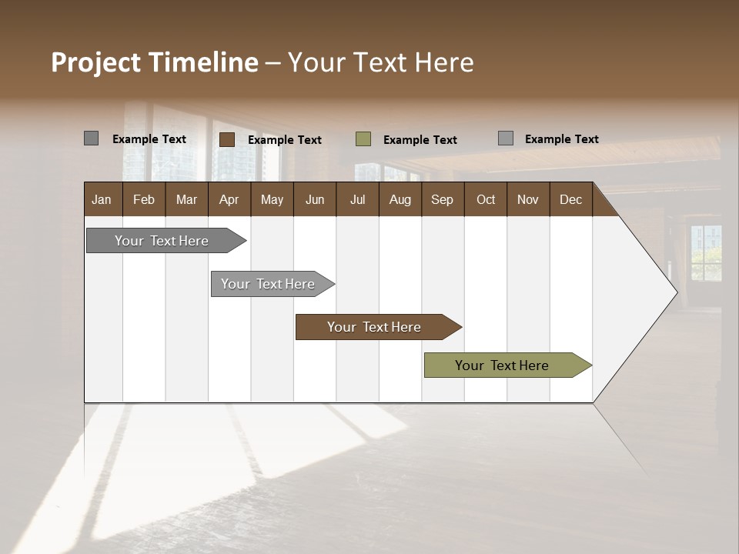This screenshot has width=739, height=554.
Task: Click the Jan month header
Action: (102, 199)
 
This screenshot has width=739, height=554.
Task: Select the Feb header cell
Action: (144, 199)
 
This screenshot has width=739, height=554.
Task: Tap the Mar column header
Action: (186, 199)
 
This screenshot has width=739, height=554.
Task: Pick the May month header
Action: (272, 199)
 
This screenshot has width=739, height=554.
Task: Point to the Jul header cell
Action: (357, 199)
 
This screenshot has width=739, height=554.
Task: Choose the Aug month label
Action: (400, 199)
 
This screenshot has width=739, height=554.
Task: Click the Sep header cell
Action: (442, 199)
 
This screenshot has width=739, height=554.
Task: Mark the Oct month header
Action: (486, 199)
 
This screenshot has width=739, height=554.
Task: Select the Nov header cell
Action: (527, 199)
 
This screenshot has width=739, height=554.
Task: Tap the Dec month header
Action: (570, 199)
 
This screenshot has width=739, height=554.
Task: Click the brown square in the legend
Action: (227, 139)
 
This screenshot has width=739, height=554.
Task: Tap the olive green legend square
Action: (363, 139)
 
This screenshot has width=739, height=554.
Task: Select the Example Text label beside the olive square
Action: (420, 140)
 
